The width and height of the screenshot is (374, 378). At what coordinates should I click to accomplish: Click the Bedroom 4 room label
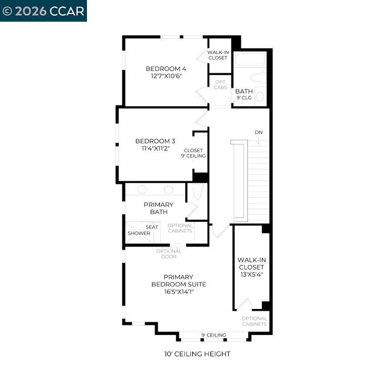tap(166, 69)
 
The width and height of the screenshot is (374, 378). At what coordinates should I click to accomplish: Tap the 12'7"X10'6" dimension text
tap(166, 76)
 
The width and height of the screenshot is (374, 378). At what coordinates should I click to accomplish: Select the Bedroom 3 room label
tap(155, 141)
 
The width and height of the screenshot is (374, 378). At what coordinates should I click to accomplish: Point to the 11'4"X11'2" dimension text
tap(155, 148)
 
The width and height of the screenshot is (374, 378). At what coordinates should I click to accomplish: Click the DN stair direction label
tap(259, 132)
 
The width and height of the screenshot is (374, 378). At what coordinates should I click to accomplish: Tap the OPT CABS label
tap(220, 85)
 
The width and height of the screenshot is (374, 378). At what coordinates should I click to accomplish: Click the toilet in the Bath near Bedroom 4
tap(258, 78)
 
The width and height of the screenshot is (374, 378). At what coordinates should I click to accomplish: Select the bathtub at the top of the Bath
tap(249, 59)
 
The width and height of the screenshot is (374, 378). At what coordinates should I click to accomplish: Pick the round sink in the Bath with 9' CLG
tap(260, 97)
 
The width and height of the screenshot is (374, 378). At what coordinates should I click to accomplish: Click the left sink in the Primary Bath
tap(142, 190)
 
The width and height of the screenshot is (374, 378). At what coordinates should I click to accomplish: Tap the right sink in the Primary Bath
tap(168, 190)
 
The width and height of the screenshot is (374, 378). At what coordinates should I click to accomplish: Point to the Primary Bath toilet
tap(197, 191)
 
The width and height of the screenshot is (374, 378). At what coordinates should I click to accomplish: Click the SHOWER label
tap(139, 233)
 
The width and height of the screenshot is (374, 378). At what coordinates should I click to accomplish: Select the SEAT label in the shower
tap(152, 227)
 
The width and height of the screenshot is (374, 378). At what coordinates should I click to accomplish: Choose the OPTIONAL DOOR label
tap(169, 254)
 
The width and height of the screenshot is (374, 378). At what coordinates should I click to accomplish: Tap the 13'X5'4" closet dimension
tap(251, 275)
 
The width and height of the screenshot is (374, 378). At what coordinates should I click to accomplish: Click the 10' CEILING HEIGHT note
tap(197, 354)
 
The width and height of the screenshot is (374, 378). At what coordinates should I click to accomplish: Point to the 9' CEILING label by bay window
tap(214, 335)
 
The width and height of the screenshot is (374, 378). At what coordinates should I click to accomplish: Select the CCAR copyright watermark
tap(43, 11)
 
